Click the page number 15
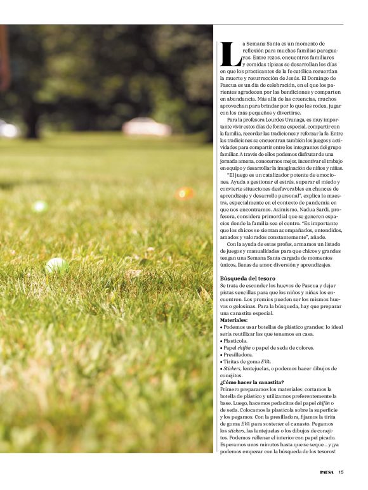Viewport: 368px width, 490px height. (x=341, y=472)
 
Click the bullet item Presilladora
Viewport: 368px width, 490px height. (x=239, y=354)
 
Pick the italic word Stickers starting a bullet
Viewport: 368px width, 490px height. (x=232, y=368)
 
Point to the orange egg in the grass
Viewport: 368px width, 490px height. (x=185, y=193)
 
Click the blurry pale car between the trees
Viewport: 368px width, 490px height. (x=147, y=127)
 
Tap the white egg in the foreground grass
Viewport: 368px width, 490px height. (x=56, y=264)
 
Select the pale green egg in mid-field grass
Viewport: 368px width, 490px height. (x=39, y=206)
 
